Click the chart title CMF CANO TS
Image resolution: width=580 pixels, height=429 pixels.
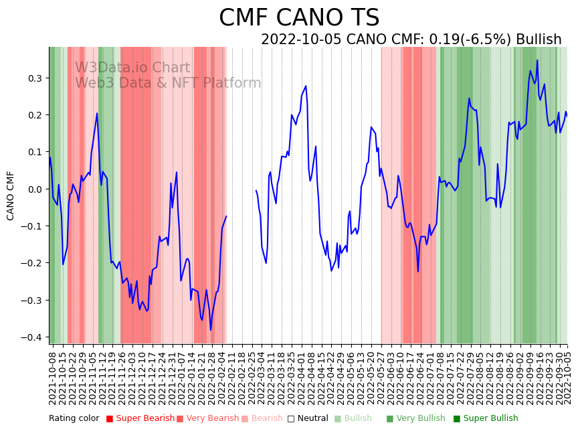[299, 18]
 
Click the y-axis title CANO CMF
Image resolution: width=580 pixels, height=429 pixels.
[11, 195]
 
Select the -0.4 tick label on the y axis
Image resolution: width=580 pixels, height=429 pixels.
[32, 337]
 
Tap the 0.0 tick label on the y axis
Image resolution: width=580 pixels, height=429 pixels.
[34, 189]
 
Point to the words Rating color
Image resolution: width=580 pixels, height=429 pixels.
[74, 419]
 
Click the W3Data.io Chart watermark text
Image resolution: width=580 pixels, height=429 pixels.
[132, 68]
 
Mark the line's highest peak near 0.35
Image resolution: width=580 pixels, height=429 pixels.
[537, 60]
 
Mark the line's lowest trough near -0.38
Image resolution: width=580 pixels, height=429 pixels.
[211, 330]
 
